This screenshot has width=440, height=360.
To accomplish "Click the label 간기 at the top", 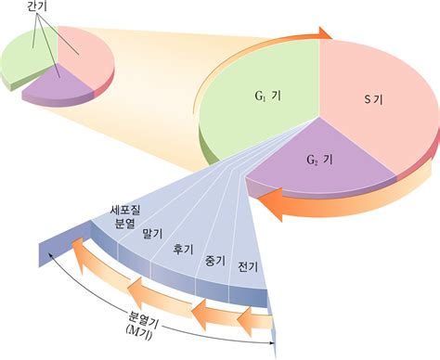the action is tap(37, 6).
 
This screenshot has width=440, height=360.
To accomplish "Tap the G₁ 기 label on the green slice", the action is tap(268, 96).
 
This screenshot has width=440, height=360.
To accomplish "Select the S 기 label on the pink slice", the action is tap(372, 99).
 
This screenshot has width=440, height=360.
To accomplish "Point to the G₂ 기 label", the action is tap(319, 160).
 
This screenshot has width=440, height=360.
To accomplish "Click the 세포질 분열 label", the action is tap(125, 217).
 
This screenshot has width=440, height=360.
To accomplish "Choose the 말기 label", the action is tap(152, 234).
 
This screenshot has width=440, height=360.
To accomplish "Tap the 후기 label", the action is tap(183, 249).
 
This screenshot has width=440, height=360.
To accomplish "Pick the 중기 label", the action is tap(215, 261).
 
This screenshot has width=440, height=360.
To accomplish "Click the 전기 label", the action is tap(248, 266).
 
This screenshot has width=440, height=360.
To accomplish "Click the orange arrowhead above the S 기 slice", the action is tap(326, 33).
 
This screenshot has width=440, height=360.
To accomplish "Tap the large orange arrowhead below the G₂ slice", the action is tap(270, 204).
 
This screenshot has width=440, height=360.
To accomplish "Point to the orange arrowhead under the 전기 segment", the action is tap(244, 320).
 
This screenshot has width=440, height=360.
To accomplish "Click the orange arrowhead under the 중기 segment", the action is tap(199, 313).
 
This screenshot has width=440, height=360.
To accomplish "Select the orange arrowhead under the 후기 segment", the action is tap(136, 290).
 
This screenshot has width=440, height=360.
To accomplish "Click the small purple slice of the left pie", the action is tap(58, 86).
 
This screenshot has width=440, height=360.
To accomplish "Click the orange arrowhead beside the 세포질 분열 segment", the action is tap(78, 253).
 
